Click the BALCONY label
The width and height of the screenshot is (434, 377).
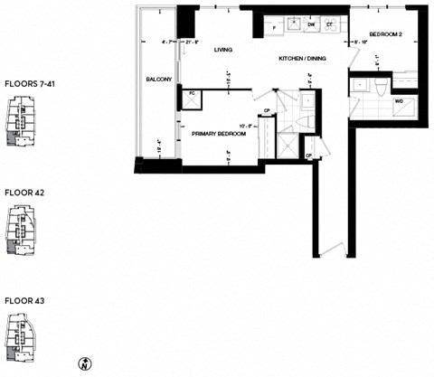(158, 80)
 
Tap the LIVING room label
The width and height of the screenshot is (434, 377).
(223, 51)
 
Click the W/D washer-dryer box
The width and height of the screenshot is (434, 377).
(400, 101)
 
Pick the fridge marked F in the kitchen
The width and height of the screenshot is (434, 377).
(274, 28)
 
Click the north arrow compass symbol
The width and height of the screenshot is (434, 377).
(83, 363)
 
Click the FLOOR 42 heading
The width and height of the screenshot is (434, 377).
(24, 193)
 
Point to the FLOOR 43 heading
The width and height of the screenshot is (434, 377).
(24, 299)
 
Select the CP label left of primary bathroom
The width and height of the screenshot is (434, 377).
(267, 111)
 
